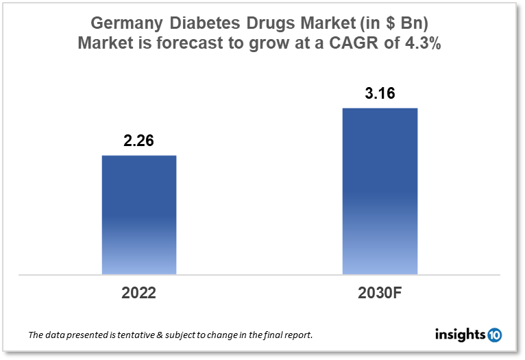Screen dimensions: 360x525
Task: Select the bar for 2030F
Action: (380, 191)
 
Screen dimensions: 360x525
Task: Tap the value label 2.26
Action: (138, 141)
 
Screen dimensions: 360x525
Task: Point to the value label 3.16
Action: (380, 94)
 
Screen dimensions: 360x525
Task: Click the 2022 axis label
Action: (139, 293)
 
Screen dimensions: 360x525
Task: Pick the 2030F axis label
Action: (380, 293)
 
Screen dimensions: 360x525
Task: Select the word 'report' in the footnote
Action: (300, 335)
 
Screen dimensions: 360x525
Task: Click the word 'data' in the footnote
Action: (58, 335)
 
